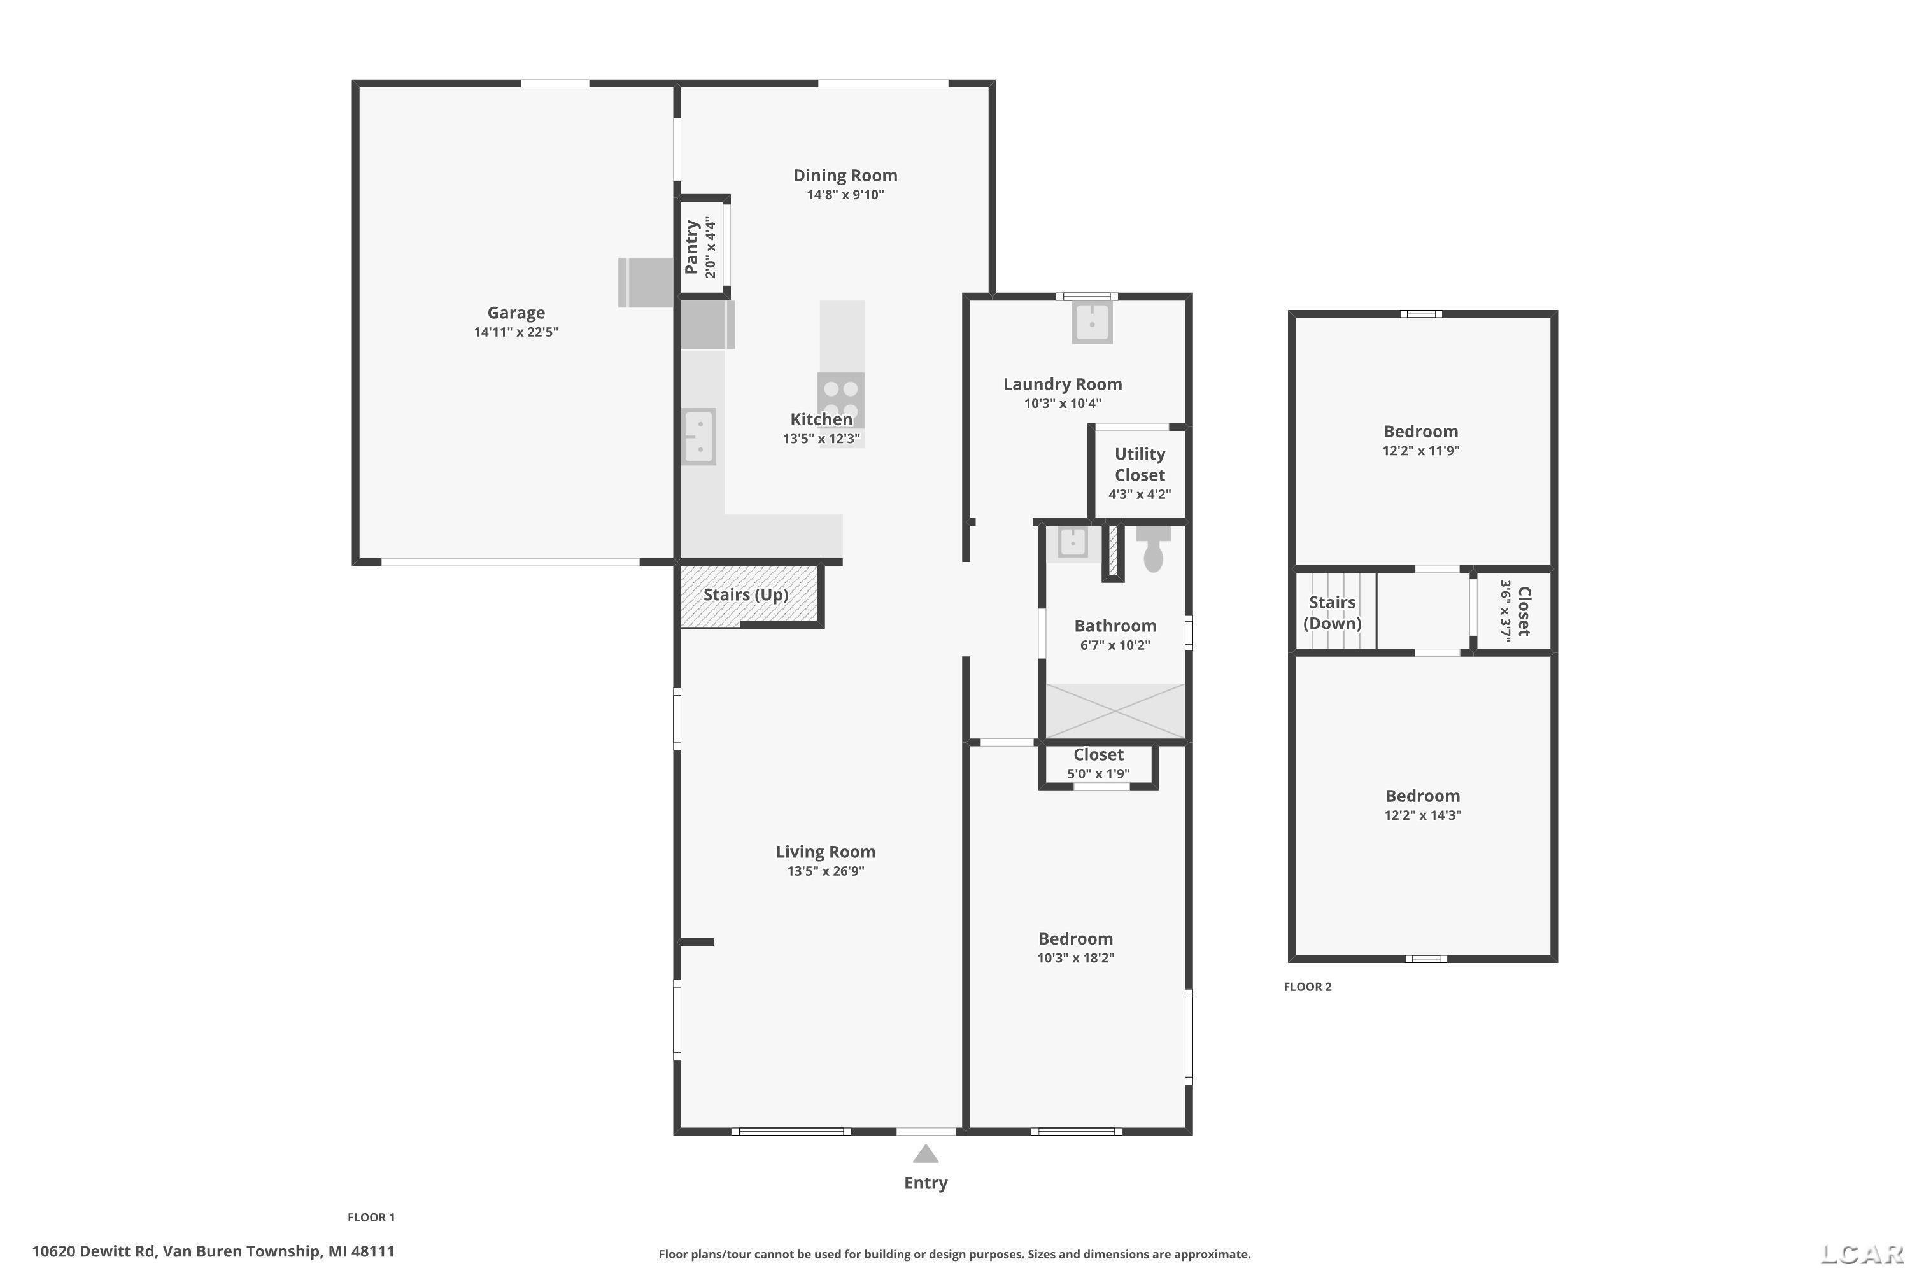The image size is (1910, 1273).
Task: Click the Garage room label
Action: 516,313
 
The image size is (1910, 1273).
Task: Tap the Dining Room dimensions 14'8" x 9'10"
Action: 845,195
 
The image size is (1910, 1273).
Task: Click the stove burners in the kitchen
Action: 840,400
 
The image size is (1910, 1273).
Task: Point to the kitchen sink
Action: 698,436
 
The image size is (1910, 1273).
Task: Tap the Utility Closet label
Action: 1140,465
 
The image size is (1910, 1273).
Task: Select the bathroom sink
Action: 1073,542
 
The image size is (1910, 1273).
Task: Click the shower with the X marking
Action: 1115,711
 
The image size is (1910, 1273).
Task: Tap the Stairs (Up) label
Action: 746,595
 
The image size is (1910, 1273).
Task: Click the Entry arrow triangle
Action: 926,1153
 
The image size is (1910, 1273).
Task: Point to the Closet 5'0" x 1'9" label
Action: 1098,763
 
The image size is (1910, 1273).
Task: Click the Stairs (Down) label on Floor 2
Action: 1332,613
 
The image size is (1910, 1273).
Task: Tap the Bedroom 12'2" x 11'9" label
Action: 1421,440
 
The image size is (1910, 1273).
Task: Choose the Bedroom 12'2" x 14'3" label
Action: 1423,805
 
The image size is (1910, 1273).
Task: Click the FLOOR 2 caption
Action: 1308,987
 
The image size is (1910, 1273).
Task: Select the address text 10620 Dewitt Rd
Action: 94,1251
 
